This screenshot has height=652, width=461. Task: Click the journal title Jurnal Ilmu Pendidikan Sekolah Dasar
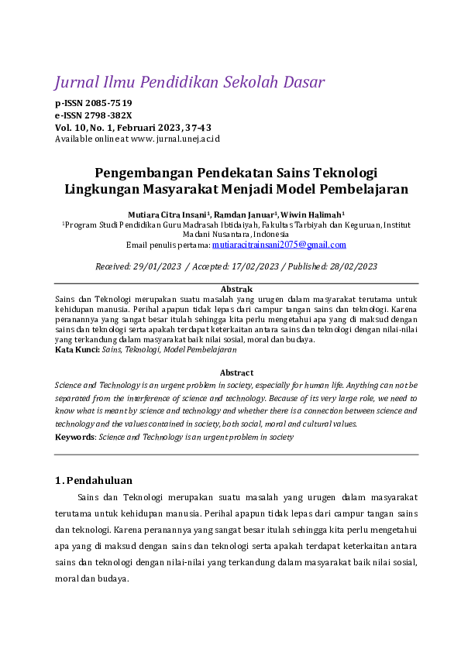pos(189,82)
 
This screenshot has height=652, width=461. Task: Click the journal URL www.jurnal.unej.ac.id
pos(175,138)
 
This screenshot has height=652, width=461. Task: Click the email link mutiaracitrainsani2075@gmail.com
pos(279,245)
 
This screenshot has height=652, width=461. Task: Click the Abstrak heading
pos(236,289)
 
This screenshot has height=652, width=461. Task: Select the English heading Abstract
pos(236,372)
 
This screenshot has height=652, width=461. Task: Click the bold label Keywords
pos(74,437)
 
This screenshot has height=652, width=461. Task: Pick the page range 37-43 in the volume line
pos(199,126)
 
